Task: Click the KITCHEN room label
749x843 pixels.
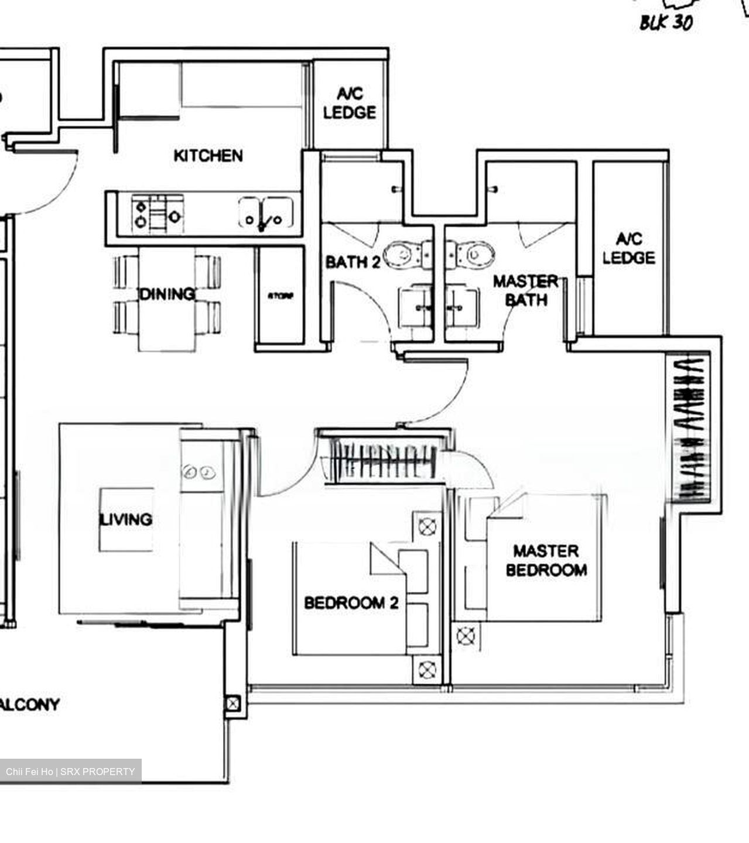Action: (x=208, y=156)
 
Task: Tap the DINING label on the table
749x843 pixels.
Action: (x=167, y=293)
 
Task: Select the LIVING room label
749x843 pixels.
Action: (x=126, y=519)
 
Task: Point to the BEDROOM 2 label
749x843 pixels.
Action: (x=351, y=602)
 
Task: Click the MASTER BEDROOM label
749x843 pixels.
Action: (x=546, y=560)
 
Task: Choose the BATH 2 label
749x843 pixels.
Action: (x=353, y=262)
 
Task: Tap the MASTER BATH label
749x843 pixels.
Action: (x=525, y=290)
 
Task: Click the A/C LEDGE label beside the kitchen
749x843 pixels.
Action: (x=350, y=103)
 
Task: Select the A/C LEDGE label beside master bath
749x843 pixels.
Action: (x=628, y=248)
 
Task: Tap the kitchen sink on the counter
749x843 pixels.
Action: (x=266, y=214)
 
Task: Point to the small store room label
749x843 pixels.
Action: (x=280, y=296)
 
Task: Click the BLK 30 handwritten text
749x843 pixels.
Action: (x=666, y=22)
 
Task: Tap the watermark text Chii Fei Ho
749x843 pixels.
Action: (x=29, y=772)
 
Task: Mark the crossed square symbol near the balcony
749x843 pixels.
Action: (x=232, y=703)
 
